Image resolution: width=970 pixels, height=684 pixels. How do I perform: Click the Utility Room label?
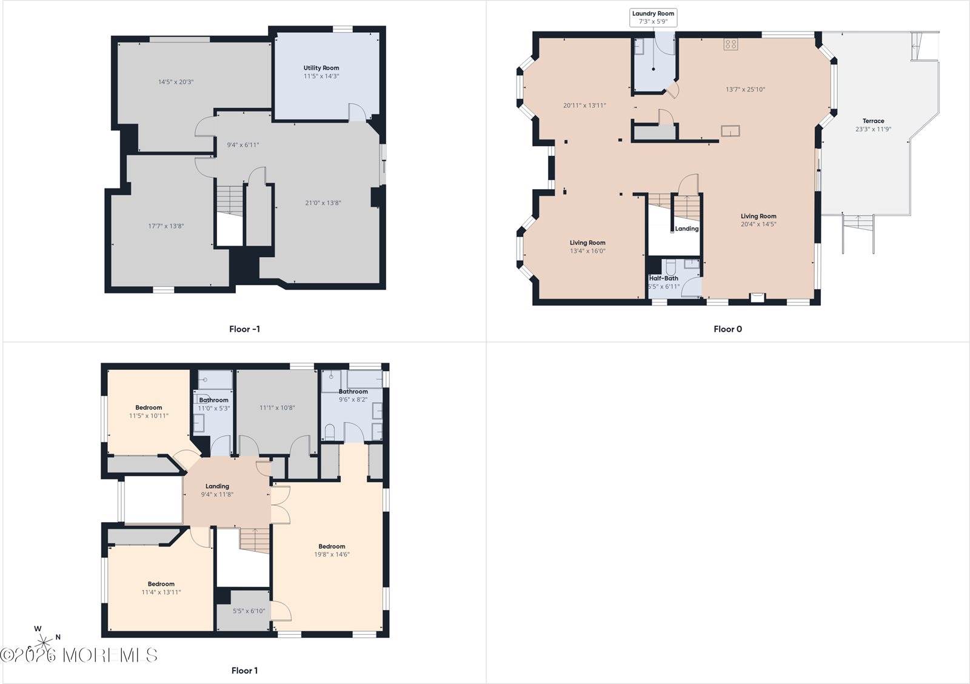pyautogui.click(x=321, y=68)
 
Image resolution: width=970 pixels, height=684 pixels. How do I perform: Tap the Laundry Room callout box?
pyautogui.click(x=653, y=18)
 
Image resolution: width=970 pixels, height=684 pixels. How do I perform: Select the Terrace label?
pyautogui.click(x=873, y=121)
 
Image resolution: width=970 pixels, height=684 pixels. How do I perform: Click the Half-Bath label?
pyautogui.click(x=663, y=278)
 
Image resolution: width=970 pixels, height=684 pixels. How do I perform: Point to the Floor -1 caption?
pyautogui.click(x=245, y=329)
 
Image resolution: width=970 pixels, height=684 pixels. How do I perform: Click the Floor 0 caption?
pyautogui.click(x=727, y=329)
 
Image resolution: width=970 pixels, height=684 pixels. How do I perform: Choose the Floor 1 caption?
pyautogui.click(x=245, y=671)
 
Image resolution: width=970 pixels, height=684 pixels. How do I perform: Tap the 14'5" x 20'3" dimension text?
pyautogui.click(x=175, y=82)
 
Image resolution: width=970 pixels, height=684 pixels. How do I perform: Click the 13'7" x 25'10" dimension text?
pyautogui.click(x=745, y=90)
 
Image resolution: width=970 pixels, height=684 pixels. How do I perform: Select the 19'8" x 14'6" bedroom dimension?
pyautogui.click(x=332, y=554)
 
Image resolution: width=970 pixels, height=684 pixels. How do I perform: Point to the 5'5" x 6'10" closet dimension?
pyautogui.click(x=249, y=611)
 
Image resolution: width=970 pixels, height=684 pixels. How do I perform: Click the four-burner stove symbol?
pyautogui.click(x=731, y=44)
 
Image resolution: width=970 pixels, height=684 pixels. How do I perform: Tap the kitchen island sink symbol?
pyautogui.click(x=730, y=130)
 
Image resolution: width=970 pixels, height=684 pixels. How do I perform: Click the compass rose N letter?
pyautogui.click(x=58, y=637)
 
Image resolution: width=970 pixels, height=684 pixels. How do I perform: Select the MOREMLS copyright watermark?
pyautogui.click(x=79, y=655)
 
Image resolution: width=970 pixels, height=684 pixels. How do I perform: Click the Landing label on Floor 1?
pyautogui.click(x=217, y=486)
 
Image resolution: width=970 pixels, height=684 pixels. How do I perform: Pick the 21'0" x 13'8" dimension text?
pyautogui.click(x=323, y=203)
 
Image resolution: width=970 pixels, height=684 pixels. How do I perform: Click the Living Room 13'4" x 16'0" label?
pyautogui.click(x=587, y=247)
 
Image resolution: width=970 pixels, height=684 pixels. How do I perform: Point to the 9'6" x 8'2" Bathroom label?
pyautogui.click(x=353, y=395)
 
